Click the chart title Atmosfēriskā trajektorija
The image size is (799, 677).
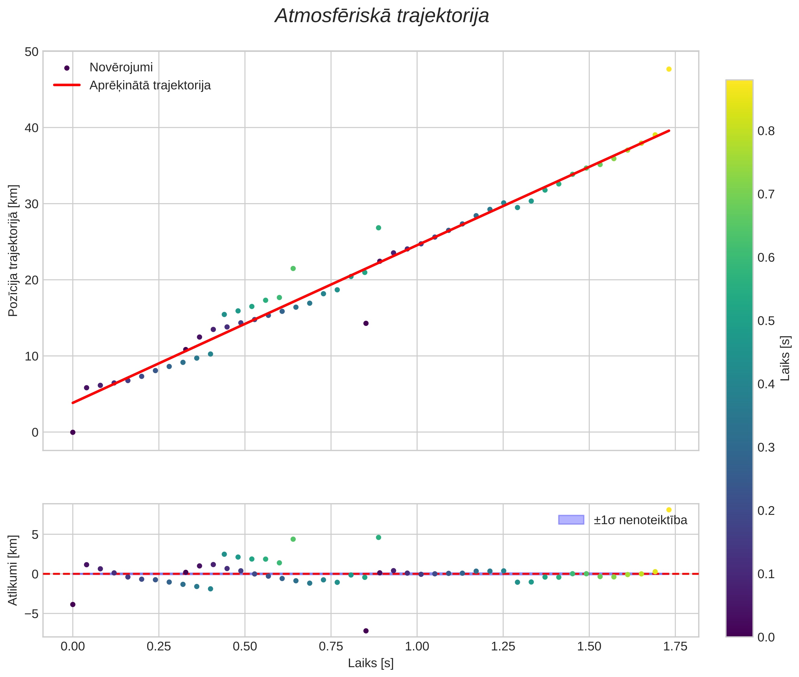382,16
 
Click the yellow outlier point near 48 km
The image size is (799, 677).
669,69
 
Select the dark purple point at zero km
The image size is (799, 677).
73,432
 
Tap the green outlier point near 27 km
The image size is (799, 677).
378,228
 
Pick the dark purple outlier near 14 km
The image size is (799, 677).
366,323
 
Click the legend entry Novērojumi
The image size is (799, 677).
121,68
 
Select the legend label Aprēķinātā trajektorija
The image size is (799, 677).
150,85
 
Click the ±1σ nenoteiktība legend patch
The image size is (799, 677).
571,520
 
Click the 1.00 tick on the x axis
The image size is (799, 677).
417,646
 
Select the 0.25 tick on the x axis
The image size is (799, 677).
159,646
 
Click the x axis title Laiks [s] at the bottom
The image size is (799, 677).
371,663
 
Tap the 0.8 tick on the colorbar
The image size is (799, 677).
766,131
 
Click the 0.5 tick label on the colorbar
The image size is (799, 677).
766,321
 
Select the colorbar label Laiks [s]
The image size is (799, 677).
785,358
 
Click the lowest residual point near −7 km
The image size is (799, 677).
366,631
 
